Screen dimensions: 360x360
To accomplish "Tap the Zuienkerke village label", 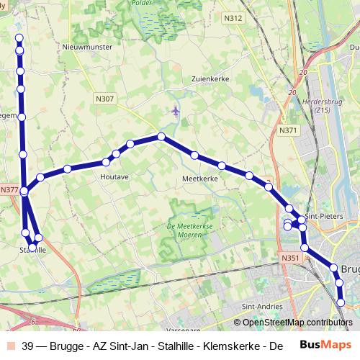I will [210, 79].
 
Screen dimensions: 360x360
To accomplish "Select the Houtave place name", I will [115, 176].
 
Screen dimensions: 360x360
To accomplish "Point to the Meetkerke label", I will [200, 178].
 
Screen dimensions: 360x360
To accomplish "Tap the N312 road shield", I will [233, 18].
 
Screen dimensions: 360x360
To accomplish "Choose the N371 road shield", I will [289, 130].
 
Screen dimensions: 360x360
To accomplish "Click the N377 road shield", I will [9, 190].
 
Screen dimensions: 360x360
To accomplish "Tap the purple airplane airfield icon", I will [176, 111].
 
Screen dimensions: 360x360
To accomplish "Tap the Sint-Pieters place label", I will [323, 216].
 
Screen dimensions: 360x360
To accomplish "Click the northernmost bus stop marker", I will [19, 38].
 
